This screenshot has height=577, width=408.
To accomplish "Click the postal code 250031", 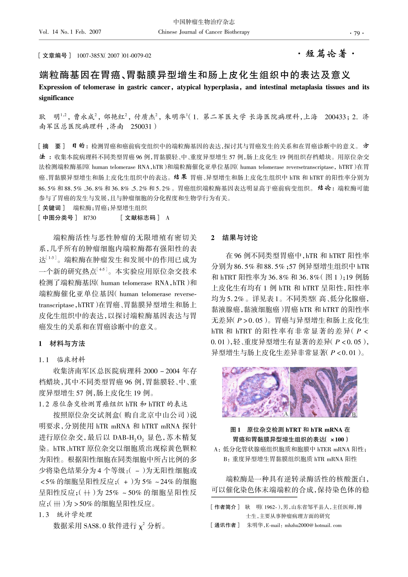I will point(141,126).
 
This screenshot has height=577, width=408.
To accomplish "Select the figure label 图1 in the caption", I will point(236,430).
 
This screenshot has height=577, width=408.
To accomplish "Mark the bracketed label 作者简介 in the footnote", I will point(226,507).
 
